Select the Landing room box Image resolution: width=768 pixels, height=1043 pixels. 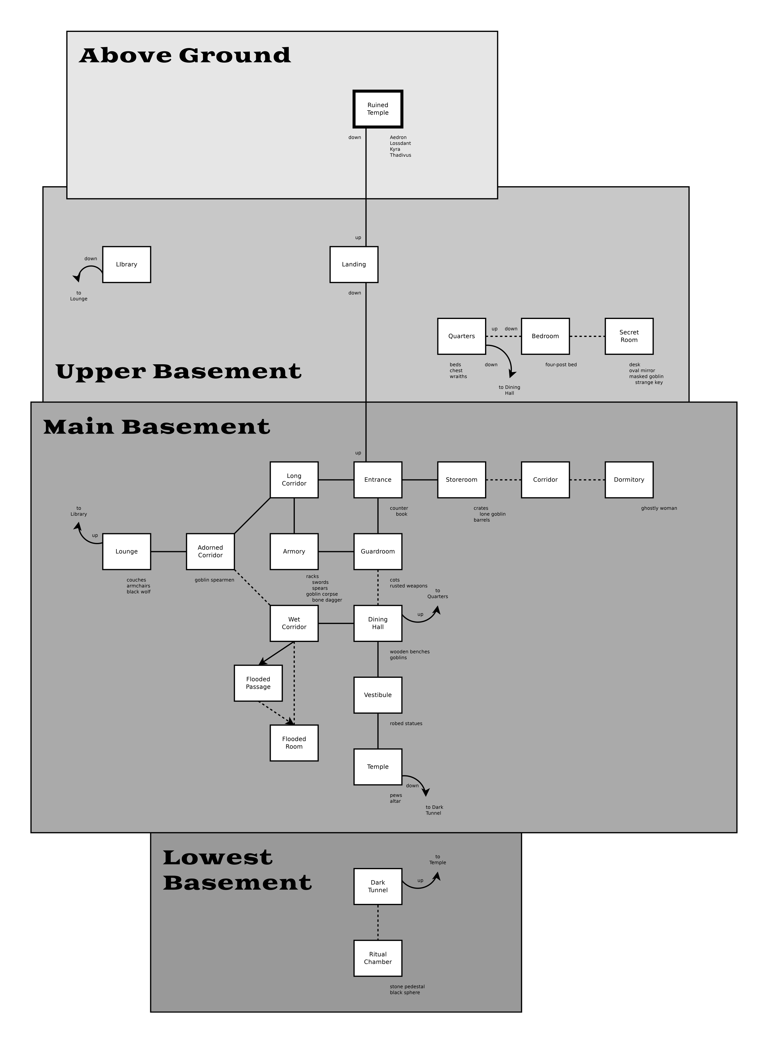354,264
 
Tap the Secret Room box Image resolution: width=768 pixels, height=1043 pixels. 629,336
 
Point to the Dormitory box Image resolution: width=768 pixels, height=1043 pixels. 629,480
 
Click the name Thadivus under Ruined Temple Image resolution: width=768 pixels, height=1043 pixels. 400,155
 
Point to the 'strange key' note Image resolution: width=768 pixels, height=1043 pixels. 649,383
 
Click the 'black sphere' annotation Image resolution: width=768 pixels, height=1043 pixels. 405,992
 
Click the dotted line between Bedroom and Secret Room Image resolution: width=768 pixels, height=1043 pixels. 587,336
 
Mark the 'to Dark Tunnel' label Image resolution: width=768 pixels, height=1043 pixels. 434,810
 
